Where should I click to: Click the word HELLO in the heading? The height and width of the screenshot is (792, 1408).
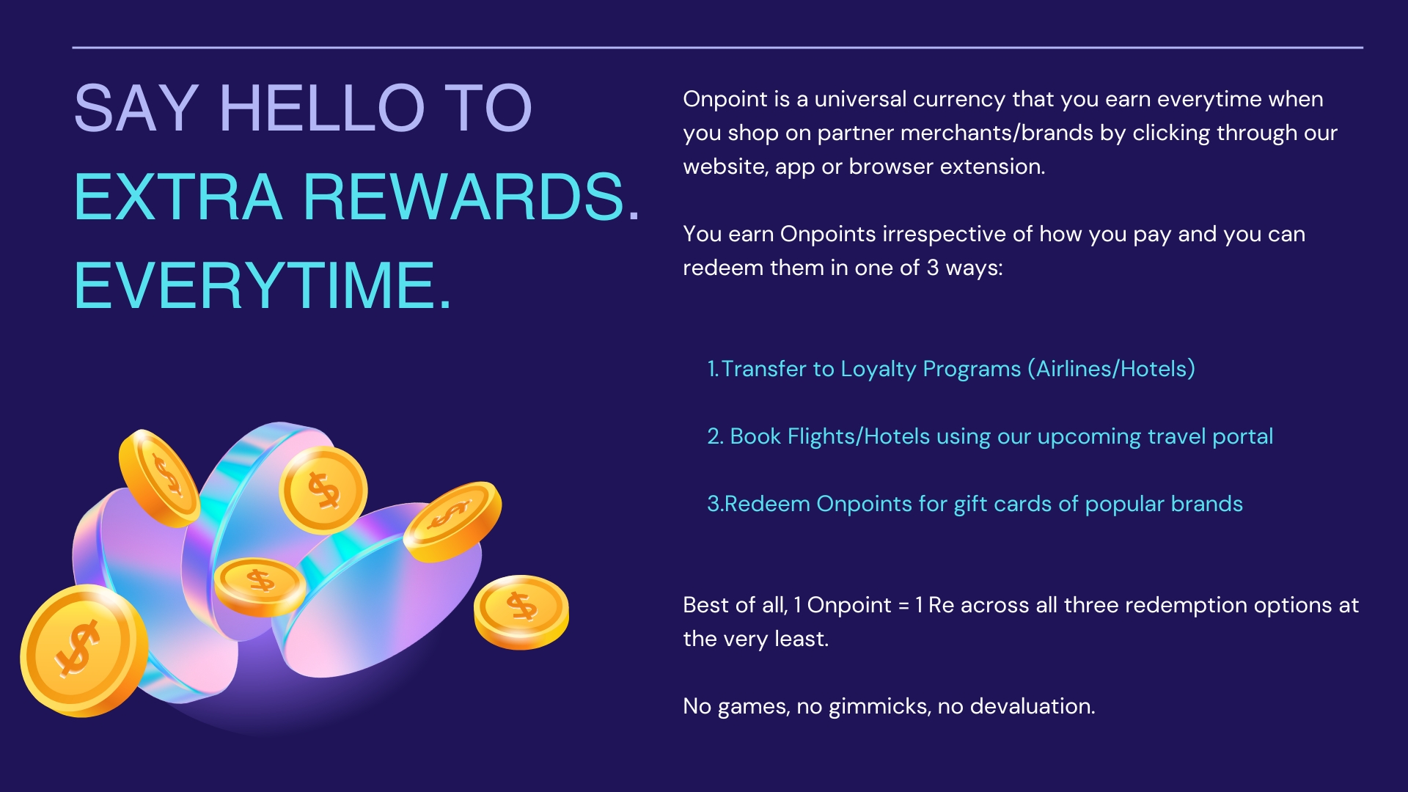(x=322, y=109)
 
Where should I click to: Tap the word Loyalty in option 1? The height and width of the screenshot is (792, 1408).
(x=878, y=370)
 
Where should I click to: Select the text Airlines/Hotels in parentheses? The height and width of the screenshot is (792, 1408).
(x=1112, y=368)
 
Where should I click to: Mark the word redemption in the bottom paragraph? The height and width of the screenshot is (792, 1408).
(x=1170, y=606)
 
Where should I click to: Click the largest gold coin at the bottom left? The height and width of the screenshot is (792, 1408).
(x=83, y=651)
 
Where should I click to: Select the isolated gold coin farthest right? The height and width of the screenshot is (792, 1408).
(x=521, y=612)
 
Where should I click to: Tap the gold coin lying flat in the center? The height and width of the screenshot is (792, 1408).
(x=260, y=587)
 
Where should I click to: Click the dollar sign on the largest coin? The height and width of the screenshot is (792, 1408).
(x=77, y=648)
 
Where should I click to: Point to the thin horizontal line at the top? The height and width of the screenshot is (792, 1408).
(x=717, y=48)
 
